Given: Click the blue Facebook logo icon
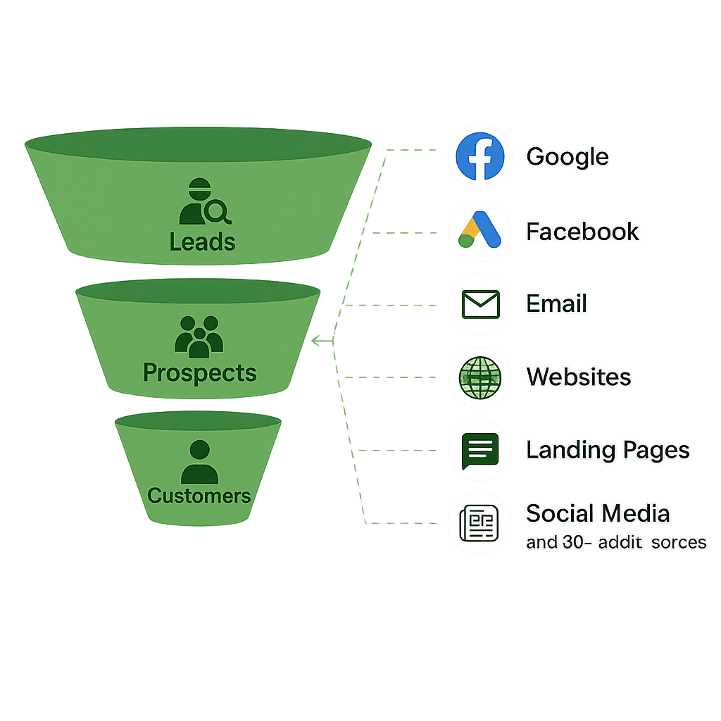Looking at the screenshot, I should click(x=479, y=156).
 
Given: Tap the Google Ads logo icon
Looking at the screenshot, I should click(x=479, y=231).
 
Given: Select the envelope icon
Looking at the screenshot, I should click(x=479, y=303).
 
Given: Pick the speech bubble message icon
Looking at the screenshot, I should click(x=479, y=451).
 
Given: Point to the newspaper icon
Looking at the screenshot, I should click(x=479, y=524).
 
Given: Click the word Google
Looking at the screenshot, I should click(x=567, y=156).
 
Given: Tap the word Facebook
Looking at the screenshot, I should click(x=582, y=231).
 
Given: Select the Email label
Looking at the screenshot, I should click(x=556, y=303).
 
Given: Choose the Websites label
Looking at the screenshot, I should click(x=578, y=377).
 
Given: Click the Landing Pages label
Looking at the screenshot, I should click(x=608, y=450).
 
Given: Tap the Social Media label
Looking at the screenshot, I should click(x=598, y=513).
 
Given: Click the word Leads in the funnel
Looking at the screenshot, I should click(x=202, y=242).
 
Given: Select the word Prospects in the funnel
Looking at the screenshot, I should click(x=200, y=372).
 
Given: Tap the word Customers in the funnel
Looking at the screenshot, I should click(x=199, y=495).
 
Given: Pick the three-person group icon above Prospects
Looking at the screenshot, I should click(x=199, y=336).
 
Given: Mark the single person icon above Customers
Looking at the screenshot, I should click(x=199, y=461).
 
